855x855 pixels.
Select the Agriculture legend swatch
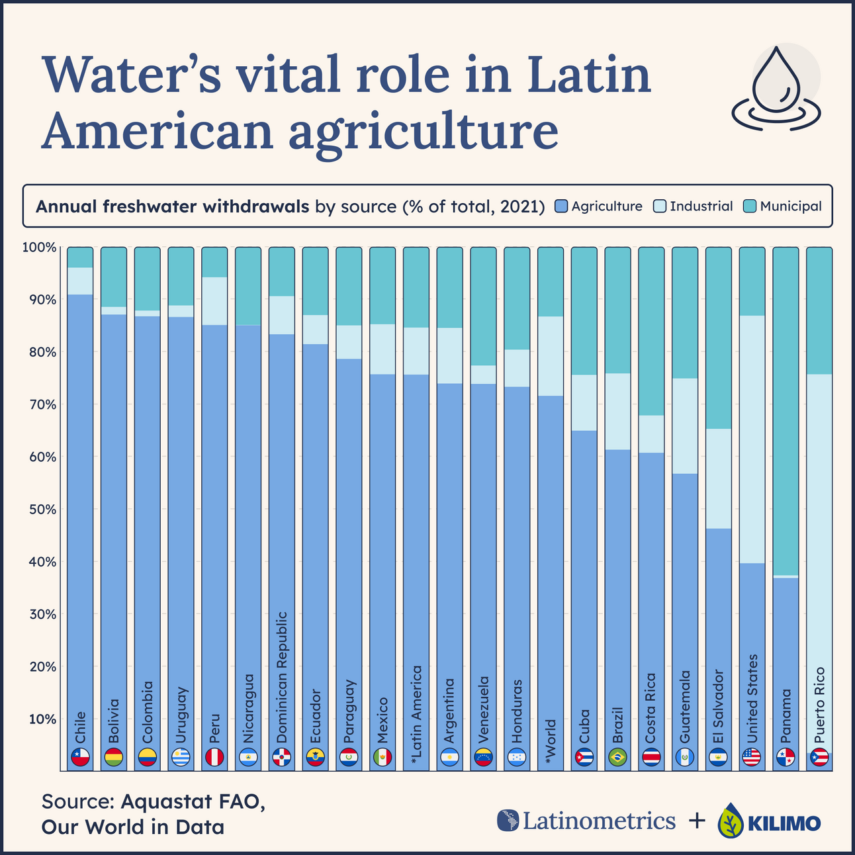pos(562,206)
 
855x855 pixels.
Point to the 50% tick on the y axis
pos(40,510)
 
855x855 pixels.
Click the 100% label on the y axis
pos(39,247)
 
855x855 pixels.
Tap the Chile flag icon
pos(80,757)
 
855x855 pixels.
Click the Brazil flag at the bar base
pos(617,757)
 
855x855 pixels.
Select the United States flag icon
pos(752,757)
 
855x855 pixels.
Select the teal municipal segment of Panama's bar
pos(786,410)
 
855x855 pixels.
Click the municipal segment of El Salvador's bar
pos(719,337)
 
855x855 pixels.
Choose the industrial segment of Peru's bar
pos(214,301)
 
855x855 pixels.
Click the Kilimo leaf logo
pos(730,821)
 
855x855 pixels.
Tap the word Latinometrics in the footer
pos(599,821)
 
